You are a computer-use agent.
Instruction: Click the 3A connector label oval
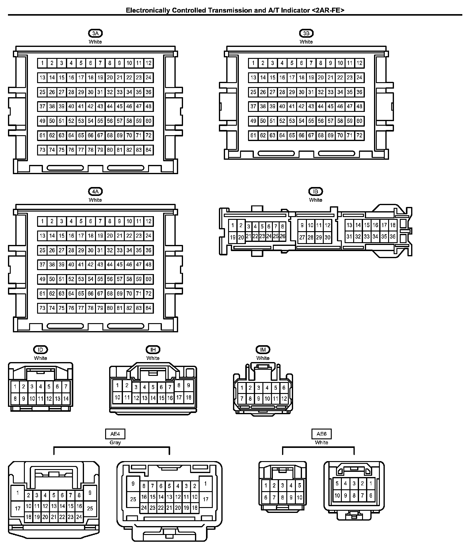pos(95,33)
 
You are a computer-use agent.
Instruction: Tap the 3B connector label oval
pos(306,33)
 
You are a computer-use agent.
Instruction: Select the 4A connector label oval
pos(95,191)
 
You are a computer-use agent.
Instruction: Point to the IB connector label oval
pos(315,191)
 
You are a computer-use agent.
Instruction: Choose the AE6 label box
pos(321,434)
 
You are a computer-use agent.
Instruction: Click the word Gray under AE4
pos(115,442)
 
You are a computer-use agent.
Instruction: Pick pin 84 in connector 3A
pos(148,150)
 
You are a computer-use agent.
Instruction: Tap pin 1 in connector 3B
pos(253,63)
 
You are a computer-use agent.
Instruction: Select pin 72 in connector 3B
pos(359,135)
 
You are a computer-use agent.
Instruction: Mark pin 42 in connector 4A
pos(90,265)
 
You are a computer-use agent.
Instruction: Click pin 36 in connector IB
pos(393,236)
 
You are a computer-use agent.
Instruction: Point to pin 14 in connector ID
pos(66,399)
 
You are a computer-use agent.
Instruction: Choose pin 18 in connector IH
pos(189,397)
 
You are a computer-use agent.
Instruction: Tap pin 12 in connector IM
pos(284,399)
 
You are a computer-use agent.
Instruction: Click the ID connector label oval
pos(40,349)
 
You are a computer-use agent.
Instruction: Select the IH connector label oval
pos(153,349)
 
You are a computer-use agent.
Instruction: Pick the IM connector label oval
pos(263,349)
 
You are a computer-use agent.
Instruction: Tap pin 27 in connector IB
pos(302,237)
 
